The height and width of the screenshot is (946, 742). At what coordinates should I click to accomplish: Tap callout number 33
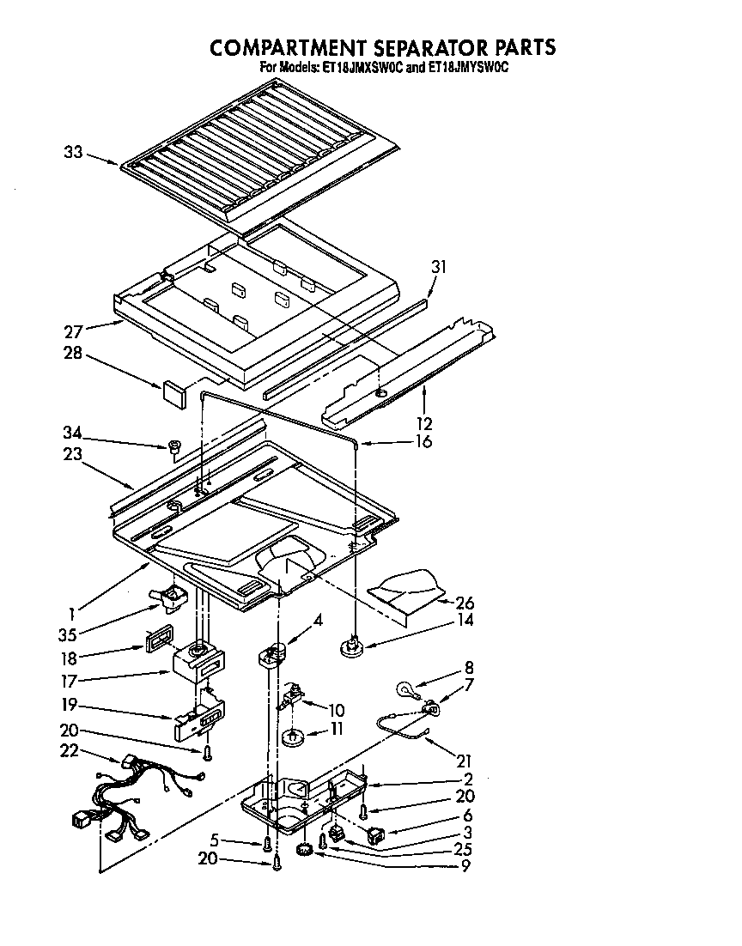pyautogui.click(x=74, y=154)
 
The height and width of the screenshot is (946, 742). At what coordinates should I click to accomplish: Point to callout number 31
pyautogui.click(x=440, y=267)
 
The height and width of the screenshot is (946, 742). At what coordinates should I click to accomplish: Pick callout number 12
pyautogui.click(x=424, y=423)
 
